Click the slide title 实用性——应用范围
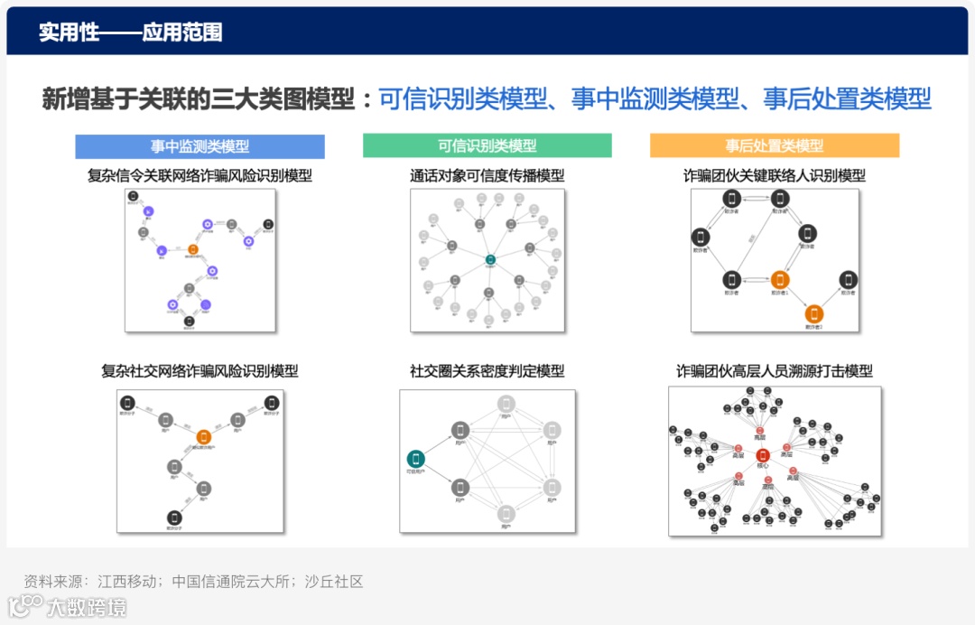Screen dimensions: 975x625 coord(130,33)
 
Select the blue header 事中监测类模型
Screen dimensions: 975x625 coord(200,146)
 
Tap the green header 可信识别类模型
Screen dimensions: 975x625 coord(487,146)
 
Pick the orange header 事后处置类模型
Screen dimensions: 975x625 coord(774,146)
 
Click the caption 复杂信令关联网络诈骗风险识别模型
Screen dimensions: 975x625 coord(200,176)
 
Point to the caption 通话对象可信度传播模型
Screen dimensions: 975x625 coord(487,176)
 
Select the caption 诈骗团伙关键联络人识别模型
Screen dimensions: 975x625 coord(774,176)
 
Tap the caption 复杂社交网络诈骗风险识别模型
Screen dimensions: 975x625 coord(200,371)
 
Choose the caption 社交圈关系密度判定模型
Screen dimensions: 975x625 coord(487,371)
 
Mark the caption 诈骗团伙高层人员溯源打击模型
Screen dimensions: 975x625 coord(774,371)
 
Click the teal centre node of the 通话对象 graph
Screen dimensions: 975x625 coord(489,260)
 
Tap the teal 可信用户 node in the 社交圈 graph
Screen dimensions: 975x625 coord(416,459)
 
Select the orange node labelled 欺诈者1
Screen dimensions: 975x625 coord(780,280)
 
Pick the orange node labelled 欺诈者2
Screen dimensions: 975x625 coord(814,314)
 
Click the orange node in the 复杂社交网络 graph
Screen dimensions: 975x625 coord(203,437)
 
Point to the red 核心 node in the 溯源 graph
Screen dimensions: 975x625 coord(763,455)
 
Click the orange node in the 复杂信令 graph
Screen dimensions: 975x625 coord(192,249)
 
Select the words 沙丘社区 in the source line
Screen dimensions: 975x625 coord(333,582)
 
